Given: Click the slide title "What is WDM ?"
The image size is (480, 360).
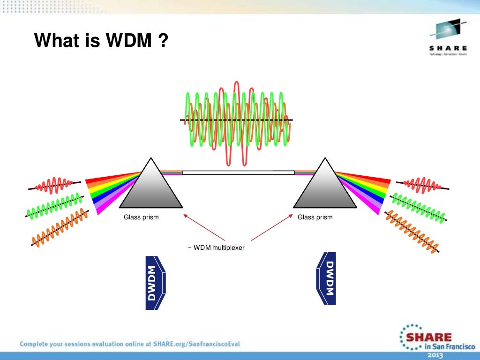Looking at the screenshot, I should pyautogui.click(x=101, y=42).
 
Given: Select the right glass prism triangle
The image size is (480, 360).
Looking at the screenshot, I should pyautogui.click(x=325, y=187).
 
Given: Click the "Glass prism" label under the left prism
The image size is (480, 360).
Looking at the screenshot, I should pyautogui.click(x=141, y=217).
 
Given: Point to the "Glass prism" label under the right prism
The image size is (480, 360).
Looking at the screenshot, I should pyautogui.click(x=315, y=217).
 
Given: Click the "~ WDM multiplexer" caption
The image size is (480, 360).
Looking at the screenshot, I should pyautogui.click(x=216, y=247).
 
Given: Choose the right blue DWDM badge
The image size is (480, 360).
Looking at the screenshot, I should pyautogui.click(x=326, y=279).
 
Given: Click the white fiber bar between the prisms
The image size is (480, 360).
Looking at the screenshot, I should pyautogui.click(x=238, y=172).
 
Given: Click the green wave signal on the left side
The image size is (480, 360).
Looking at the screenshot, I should pyautogui.click(x=55, y=206).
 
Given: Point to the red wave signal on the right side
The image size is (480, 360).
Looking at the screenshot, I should pyautogui.click(x=421, y=184).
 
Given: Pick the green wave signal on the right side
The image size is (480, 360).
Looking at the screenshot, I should pyautogui.click(x=418, y=207).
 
